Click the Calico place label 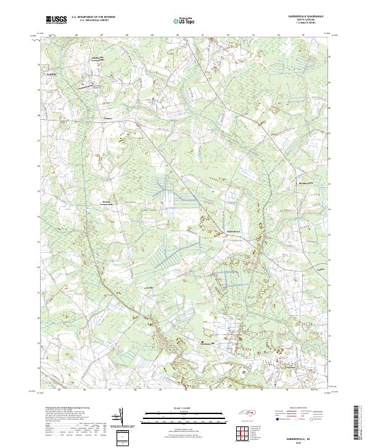pyautogui.click(x=149, y=288)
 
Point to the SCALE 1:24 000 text pyautogui.click(x=184, y=408)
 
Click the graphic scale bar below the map pyautogui.click(x=184, y=415)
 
